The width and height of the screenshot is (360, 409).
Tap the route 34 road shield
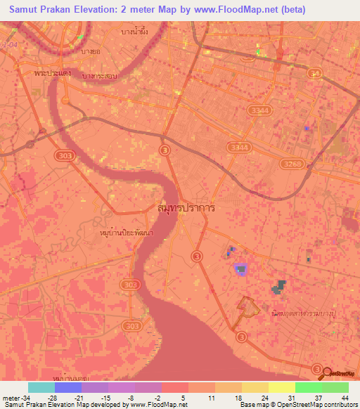coord(315,72)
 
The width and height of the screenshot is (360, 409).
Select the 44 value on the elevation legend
coord(344,398)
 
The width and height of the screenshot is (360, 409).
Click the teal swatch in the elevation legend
coord(41,387)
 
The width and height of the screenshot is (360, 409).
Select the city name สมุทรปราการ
coord(186,209)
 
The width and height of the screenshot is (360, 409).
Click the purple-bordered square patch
coord(241,268)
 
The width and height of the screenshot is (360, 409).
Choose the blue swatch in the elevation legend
coord(68,387)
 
